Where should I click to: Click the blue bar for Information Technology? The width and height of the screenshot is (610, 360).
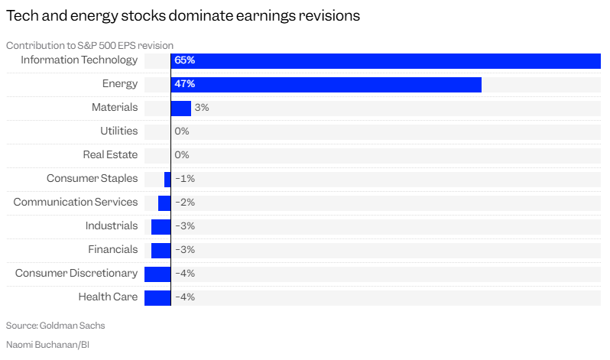(386, 60)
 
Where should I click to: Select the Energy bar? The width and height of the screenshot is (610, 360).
(326, 84)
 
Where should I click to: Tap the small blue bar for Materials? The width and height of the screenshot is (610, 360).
(180, 108)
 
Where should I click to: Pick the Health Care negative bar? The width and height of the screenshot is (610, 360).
(157, 297)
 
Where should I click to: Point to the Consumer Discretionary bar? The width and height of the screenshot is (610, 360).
(157, 274)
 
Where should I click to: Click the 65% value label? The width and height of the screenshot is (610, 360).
(184, 60)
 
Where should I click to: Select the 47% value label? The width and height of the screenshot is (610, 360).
(184, 84)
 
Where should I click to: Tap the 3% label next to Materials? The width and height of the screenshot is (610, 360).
(202, 108)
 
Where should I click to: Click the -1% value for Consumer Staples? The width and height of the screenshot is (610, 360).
(185, 179)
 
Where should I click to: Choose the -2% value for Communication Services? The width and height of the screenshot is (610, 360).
(185, 203)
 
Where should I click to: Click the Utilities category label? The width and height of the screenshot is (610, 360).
(118, 131)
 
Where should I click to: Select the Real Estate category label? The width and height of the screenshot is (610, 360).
(110, 155)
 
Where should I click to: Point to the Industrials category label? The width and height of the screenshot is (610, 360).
(112, 226)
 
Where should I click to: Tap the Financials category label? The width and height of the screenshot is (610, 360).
(113, 250)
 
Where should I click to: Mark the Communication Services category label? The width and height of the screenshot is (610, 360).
(76, 203)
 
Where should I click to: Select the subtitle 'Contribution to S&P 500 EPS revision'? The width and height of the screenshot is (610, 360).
(89, 46)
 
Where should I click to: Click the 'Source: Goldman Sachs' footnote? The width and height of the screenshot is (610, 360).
(55, 326)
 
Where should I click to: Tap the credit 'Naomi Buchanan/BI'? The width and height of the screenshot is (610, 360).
(48, 345)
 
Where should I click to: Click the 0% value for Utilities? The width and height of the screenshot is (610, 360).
(182, 131)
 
